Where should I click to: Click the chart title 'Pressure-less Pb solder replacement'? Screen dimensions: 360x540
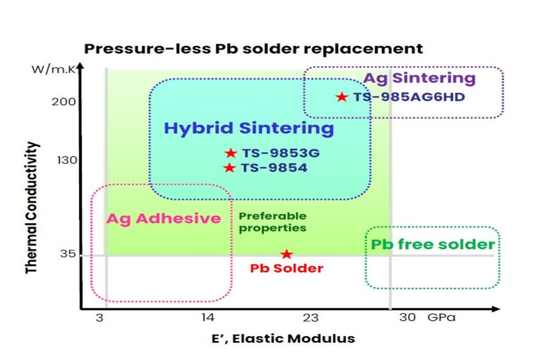(x=254, y=49)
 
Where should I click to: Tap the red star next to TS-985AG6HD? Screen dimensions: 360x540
(x=342, y=97)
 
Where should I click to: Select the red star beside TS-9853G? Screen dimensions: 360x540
(x=230, y=153)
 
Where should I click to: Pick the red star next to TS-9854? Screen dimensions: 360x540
(x=229, y=168)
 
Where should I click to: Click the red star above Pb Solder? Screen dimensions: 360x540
(x=286, y=254)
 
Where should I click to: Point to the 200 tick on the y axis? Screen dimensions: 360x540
(x=64, y=101)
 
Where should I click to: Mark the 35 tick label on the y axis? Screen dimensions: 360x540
(x=67, y=255)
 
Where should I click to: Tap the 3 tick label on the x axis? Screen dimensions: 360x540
(x=99, y=317)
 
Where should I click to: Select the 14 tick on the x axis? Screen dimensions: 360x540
(x=207, y=317)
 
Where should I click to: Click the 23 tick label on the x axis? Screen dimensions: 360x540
(x=311, y=317)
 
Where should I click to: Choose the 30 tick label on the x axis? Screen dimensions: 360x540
(x=407, y=317)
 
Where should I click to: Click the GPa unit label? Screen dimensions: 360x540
(x=441, y=317)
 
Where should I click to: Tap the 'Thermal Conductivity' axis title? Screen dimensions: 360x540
(x=32, y=207)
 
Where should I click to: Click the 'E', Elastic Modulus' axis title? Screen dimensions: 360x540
(x=283, y=338)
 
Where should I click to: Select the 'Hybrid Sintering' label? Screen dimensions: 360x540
(x=249, y=129)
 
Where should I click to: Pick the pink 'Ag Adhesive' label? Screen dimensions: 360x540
(x=164, y=218)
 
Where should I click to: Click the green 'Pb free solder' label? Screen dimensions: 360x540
(x=432, y=245)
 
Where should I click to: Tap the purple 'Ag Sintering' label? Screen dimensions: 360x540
(x=420, y=79)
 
